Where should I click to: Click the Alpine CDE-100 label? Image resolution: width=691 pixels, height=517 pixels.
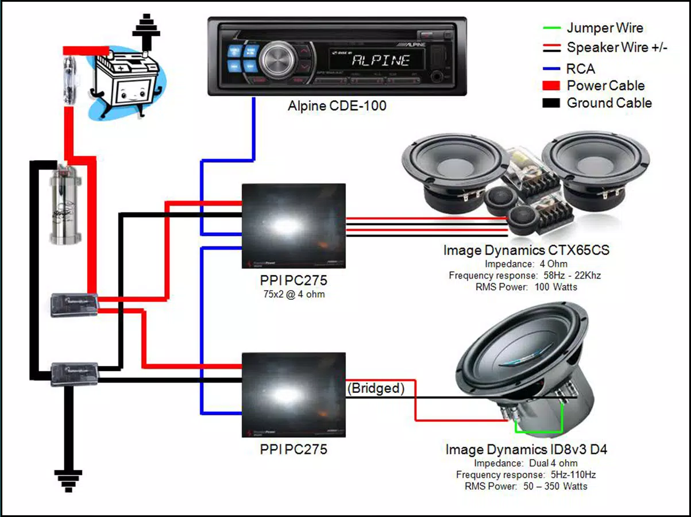tap(337, 106)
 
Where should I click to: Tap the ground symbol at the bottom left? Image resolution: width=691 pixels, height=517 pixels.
tap(68, 480)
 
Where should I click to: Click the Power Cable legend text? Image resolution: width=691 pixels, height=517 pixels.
tap(605, 86)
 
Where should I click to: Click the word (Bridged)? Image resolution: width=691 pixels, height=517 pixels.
tap(376, 388)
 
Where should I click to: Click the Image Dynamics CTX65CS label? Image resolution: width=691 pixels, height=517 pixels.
tap(526, 250)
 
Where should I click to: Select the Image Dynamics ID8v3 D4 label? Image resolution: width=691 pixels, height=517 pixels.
tap(526, 449)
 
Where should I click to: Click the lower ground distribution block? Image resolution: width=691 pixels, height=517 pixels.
tap(74, 373)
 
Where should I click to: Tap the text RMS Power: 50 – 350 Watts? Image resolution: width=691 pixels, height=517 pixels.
tap(526, 486)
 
